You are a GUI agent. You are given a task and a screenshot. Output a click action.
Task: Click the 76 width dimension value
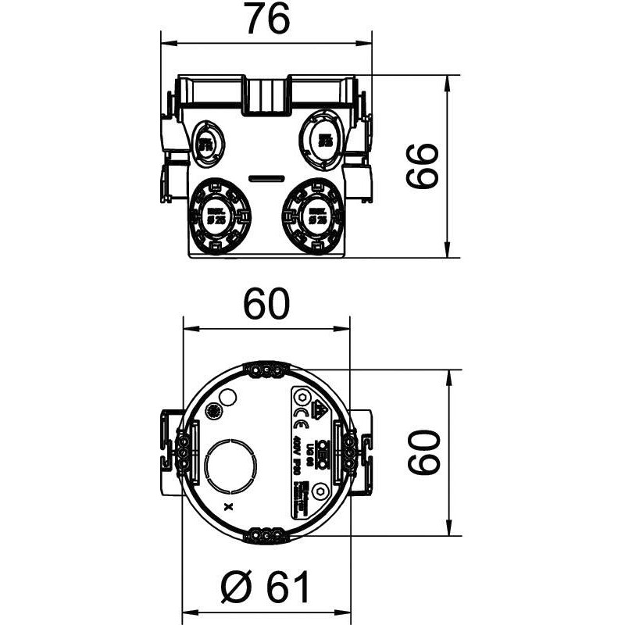(x=266, y=19)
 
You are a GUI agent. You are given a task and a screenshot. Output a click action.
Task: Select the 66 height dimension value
(x=424, y=166)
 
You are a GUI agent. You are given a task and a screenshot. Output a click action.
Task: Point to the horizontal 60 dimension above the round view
(x=266, y=304)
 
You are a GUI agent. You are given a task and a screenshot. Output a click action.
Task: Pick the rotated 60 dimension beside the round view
(x=424, y=452)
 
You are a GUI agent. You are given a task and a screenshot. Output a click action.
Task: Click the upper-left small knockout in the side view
(x=207, y=143)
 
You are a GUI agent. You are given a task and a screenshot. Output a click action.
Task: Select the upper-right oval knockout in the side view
(x=321, y=140)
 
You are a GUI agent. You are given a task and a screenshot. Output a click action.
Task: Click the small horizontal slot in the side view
(x=266, y=179)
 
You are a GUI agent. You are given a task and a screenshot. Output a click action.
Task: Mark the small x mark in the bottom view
(x=228, y=507)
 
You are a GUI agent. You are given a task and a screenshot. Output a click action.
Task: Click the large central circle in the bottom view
(x=232, y=466)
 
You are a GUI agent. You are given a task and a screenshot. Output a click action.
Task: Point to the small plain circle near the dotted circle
(x=228, y=398)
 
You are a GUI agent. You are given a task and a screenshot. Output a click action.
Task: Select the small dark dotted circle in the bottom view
(x=211, y=411)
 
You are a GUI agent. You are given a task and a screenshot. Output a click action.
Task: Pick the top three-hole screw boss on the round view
(x=266, y=369)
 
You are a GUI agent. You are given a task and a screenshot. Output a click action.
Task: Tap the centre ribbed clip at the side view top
(x=266, y=95)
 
